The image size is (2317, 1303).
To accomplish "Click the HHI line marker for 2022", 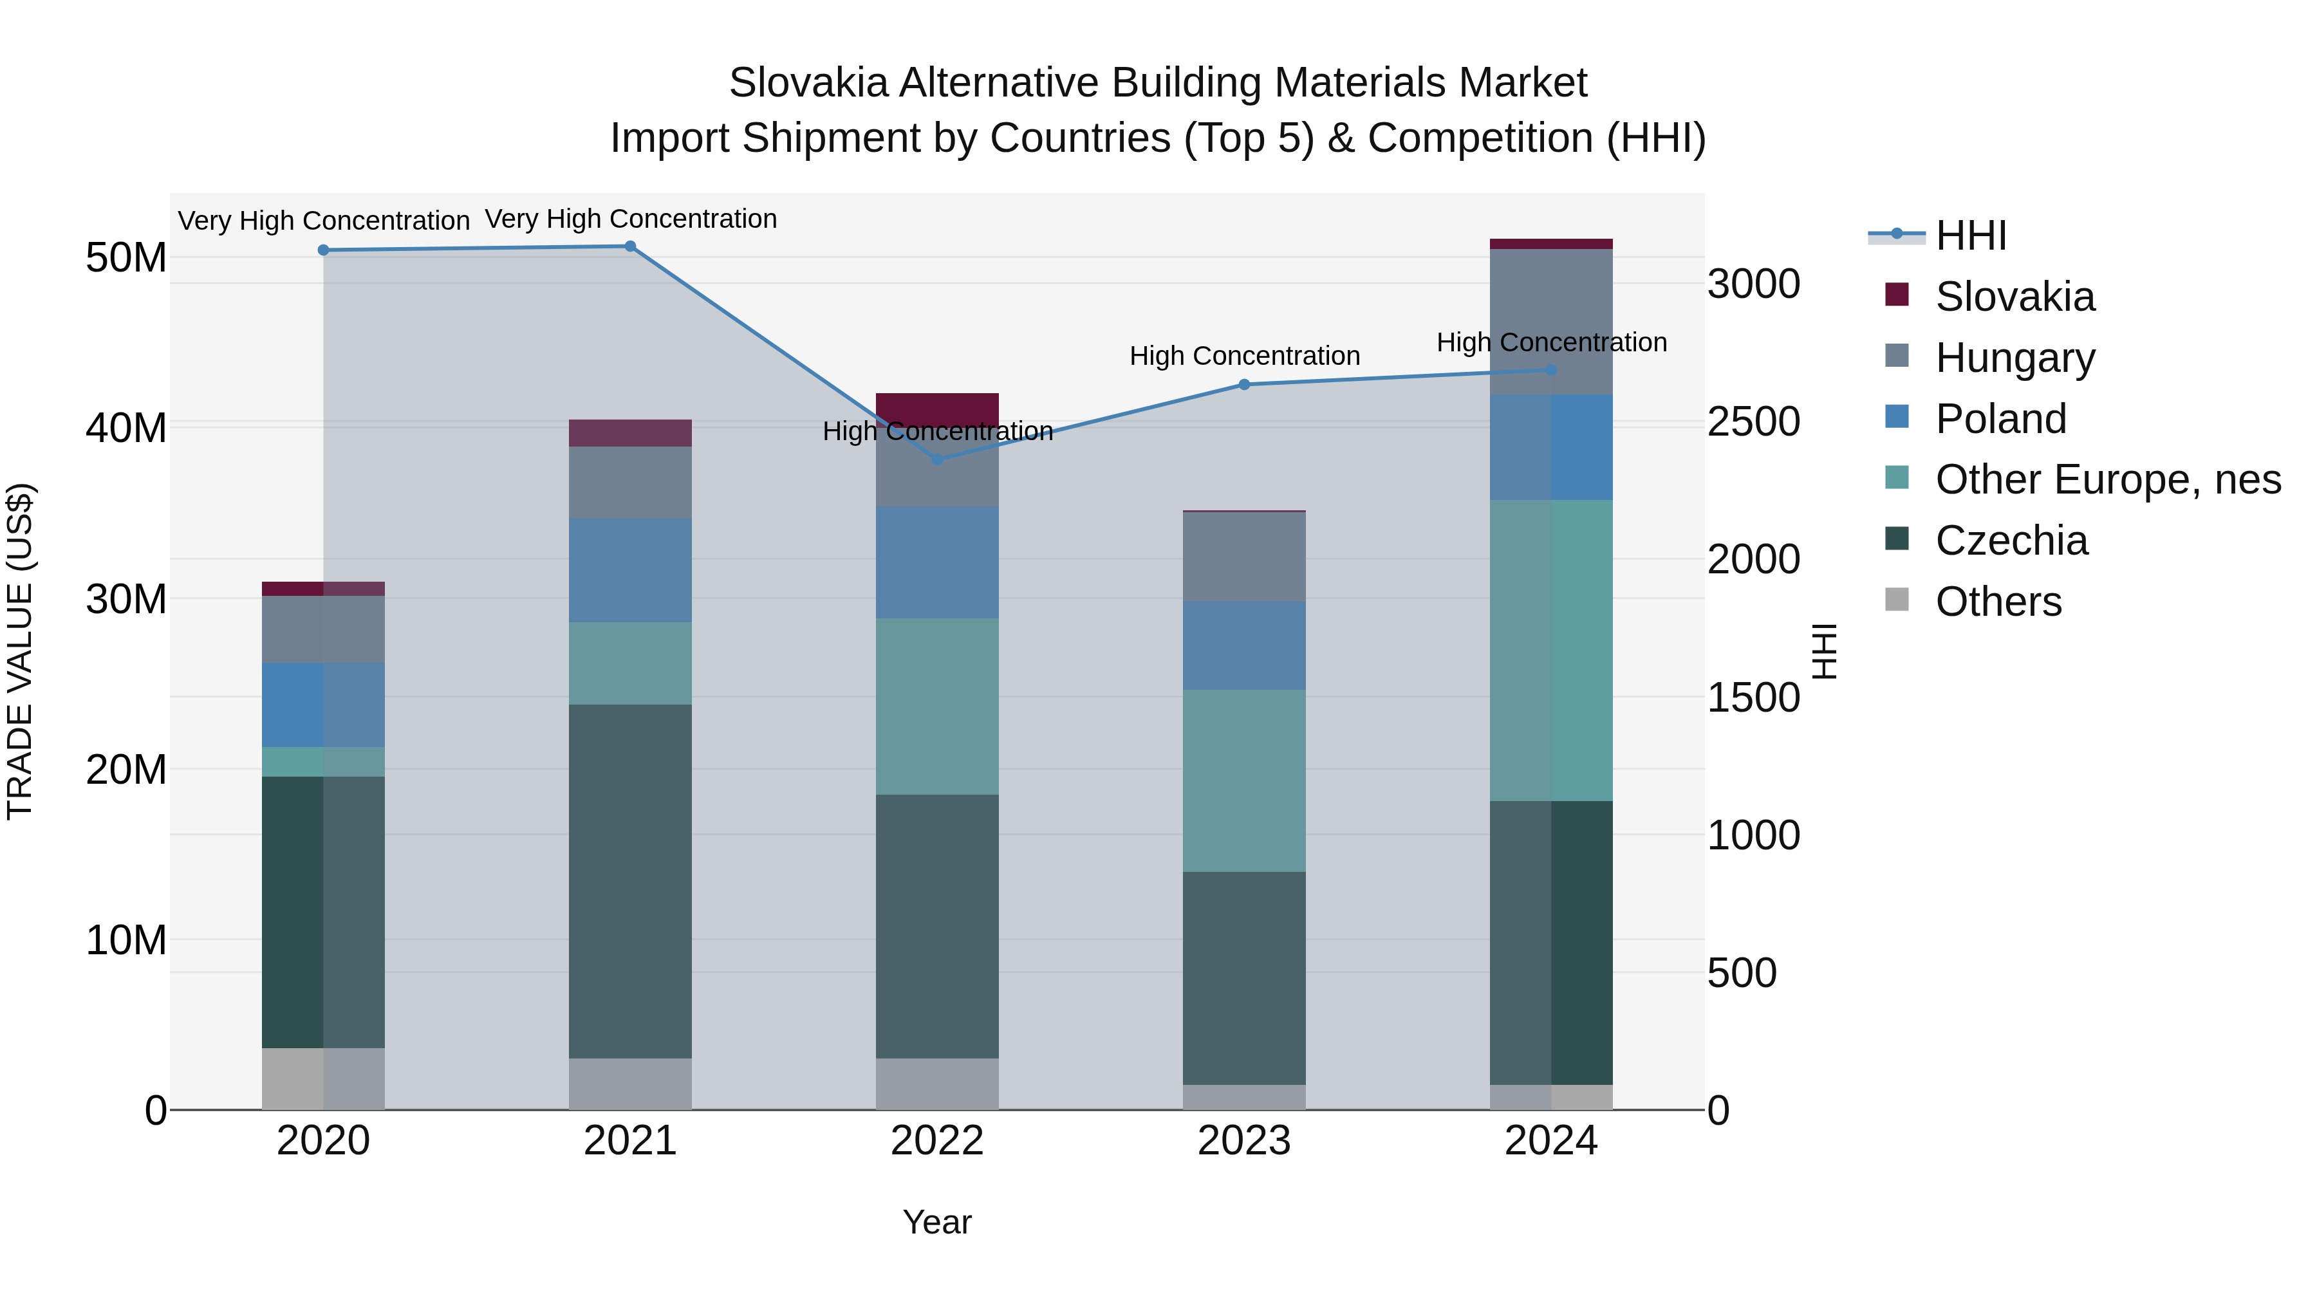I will coord(937,459).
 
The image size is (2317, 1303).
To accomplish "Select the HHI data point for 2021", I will coord(631,246).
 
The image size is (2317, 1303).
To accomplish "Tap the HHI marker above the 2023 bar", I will coord(1244,385).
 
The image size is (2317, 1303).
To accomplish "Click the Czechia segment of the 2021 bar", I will coord(631,882).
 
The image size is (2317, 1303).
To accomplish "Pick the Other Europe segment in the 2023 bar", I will coord(1244,781).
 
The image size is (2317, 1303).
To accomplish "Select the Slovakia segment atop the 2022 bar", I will coord(937,407).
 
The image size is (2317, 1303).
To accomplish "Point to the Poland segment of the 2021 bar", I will coord(631,570).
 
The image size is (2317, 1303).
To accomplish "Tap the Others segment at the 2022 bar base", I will coord(937,1084).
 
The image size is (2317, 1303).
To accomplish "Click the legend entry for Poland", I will coord(2000,419).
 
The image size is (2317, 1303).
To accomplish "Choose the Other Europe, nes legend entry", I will coord(2107,480).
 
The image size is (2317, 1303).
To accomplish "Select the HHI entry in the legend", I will coord(1970,236).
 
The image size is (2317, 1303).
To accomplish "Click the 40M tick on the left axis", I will coord(126,428).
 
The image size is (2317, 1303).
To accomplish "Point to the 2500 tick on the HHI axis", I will coord(1753,421).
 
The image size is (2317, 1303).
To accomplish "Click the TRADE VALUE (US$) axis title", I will coord(20,651).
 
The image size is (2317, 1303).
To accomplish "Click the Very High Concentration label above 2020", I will coord(324,221).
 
